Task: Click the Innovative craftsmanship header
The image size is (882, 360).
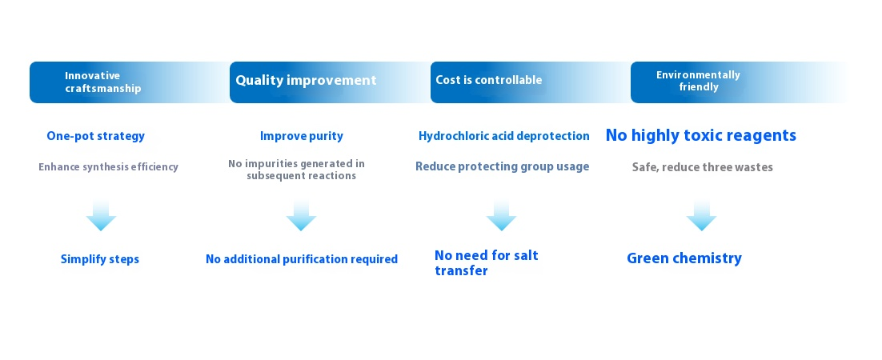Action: coord(102,82)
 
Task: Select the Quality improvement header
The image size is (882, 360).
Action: coord(306,81)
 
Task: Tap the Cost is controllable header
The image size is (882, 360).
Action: coord(489,80)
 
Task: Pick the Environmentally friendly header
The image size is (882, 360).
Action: coord(698,81)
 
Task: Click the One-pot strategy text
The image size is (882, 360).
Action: coord(95,136)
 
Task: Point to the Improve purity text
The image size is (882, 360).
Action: coord(302,136)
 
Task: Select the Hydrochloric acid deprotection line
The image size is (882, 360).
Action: coord(504,136)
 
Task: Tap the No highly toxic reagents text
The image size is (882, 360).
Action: coord(701,135)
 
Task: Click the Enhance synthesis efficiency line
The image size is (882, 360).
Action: coord(109,167)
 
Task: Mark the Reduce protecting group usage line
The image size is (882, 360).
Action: coord(503,166)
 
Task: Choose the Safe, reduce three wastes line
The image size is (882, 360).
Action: coord(702,167)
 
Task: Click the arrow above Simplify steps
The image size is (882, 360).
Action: coord(102,215)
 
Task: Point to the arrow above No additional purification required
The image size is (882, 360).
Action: coord(302,215)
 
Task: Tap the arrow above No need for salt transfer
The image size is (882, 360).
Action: coord(501,215)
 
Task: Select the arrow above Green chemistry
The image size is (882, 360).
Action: coord(701,215)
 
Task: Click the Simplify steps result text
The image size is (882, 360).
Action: coord(99,259)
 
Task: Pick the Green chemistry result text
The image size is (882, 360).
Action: coord(684,258)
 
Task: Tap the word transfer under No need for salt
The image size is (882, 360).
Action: coord(461,270)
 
